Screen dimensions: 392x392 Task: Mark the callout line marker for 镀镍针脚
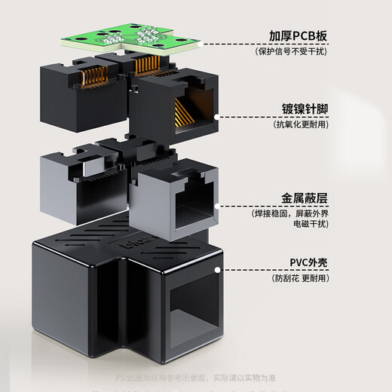click(x=217, y=117)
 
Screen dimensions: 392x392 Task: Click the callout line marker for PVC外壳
click(x=217, y=268)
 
